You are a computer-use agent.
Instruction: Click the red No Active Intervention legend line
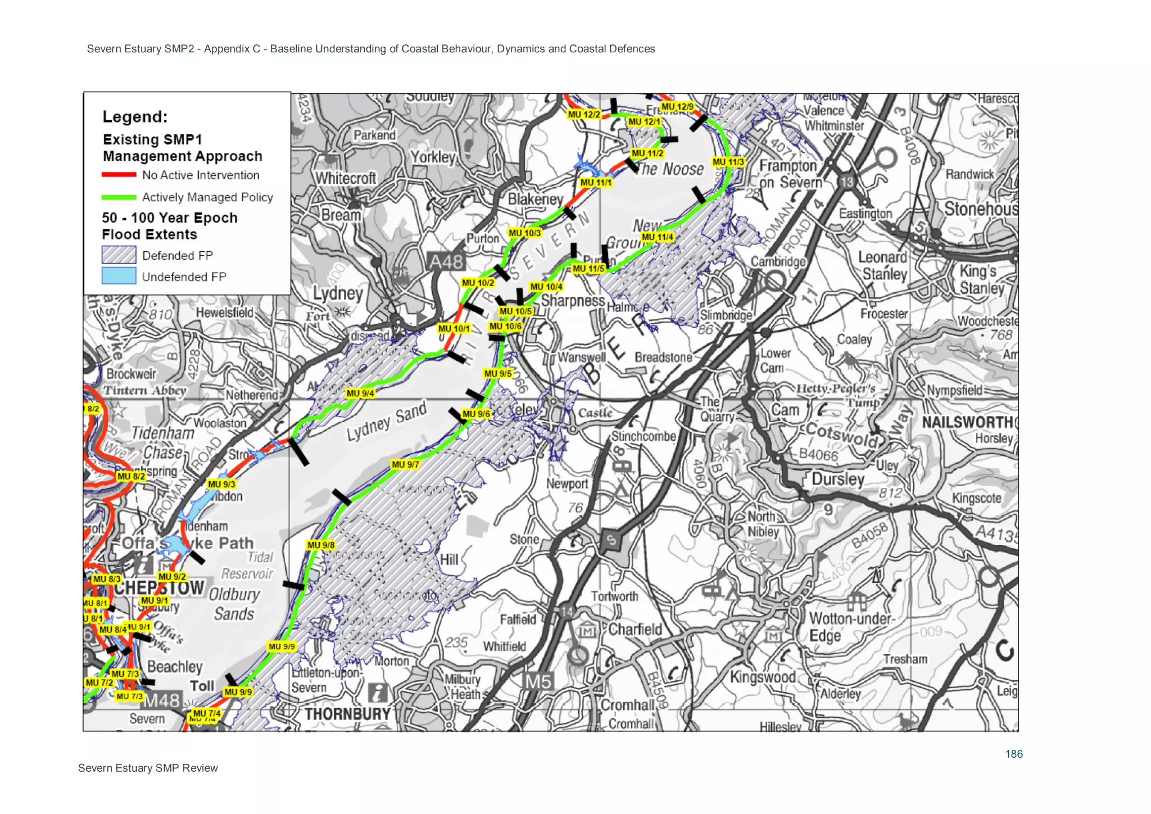119,175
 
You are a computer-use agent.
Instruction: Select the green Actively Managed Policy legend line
119,197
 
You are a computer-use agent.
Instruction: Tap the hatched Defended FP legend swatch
119,255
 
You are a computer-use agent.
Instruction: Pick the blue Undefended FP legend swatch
119,276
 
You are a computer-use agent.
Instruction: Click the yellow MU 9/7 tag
405,464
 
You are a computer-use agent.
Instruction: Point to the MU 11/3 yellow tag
728,162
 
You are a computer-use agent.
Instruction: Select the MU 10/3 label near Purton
524,233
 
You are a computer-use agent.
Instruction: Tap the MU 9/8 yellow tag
321,545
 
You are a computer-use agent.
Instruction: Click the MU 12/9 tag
677,106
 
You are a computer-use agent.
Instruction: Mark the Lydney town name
338,293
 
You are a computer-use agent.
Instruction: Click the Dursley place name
837,479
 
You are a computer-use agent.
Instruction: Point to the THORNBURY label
347,714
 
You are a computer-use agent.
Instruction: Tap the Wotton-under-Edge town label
850,627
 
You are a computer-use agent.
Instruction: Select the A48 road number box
446,262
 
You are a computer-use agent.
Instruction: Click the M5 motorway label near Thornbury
538,682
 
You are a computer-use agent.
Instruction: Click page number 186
1014,754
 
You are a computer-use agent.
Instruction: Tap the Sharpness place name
572,301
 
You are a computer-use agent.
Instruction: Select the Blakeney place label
535,199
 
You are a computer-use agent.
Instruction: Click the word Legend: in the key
135,117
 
